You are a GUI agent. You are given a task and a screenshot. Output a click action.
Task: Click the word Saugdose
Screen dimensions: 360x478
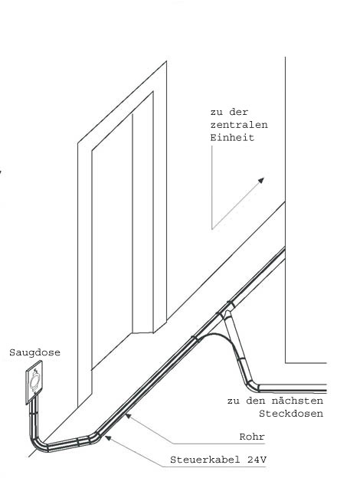click(x=34, y=352)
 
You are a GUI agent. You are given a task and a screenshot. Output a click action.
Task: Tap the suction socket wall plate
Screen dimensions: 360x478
click(x=34, y=382)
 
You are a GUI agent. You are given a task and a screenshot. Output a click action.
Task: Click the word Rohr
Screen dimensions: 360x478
click(x=252, y=437)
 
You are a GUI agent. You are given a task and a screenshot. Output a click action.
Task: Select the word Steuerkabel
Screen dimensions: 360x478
click(x=205, y=460)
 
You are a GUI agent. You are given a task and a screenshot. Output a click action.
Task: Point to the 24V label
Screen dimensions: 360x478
click(x=257, y=460)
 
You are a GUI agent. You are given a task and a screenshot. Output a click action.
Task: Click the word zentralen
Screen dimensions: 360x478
click(x=239, y=125)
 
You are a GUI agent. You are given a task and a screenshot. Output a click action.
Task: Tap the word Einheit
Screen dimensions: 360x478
click(x=232, y=137)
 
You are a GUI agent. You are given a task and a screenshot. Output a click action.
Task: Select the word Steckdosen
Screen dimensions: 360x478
click(x=291, y=414)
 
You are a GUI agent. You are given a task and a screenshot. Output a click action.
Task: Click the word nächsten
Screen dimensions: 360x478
click(x=297, y=401)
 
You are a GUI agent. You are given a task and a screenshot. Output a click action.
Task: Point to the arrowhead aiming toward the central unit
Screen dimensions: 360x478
click(x=260, y=181)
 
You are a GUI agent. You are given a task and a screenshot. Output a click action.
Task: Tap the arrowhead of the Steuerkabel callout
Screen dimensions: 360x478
click(x=108, y=438)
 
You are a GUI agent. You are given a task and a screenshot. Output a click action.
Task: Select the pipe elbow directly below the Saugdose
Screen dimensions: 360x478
click(x=38, y=442)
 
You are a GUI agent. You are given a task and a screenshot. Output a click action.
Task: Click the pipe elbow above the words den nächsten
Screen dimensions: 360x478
click(x=252, y=385)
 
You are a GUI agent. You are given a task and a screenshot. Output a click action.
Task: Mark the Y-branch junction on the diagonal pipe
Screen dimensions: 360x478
click(x=225, y=311)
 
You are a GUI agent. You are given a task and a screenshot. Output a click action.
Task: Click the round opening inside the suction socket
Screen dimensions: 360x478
click(x=34, y=381)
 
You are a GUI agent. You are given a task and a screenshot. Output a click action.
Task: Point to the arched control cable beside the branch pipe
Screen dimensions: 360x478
click(x=218, y=335)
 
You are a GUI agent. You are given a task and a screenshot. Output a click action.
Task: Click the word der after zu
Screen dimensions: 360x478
click(x=239, y=112)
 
